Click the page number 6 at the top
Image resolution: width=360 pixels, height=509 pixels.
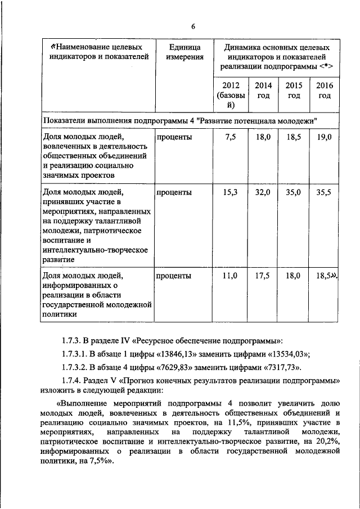[x=192, y=26]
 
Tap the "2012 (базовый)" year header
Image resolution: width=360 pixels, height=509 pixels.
[x=231, y=95]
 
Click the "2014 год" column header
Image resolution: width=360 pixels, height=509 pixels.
[x=263, y=90]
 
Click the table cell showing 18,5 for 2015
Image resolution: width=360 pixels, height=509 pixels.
[x=294, y=137]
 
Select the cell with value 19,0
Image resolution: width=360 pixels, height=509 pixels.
[x=325, y=137]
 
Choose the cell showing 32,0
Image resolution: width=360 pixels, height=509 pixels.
[x=263, y=192]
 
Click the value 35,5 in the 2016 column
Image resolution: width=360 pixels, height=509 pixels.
[x=325, y=192]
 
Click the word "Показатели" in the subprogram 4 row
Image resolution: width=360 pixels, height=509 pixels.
[x=62, y=120]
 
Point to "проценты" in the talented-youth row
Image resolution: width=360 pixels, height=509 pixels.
[x=174, y=192]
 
